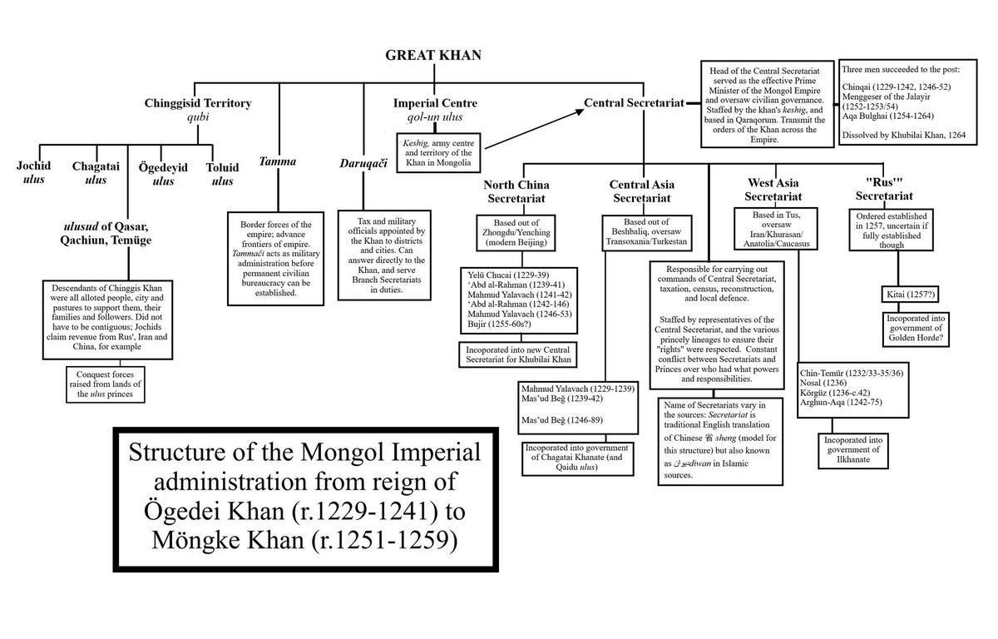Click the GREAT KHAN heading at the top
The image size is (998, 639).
(432, 56)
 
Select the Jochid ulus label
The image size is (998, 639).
(33, 172)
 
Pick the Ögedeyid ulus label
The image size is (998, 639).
(163, 174)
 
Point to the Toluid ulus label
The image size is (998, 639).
(222, 173)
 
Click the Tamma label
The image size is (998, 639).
(278, 161)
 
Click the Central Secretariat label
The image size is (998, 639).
(634, 103)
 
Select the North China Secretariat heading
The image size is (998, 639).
(516, 191)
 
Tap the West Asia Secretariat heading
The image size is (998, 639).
(773, 190)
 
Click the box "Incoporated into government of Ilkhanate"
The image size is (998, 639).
(852, 450)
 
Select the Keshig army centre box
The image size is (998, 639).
(438, 152)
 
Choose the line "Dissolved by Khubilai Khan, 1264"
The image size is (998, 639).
(903, 135)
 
